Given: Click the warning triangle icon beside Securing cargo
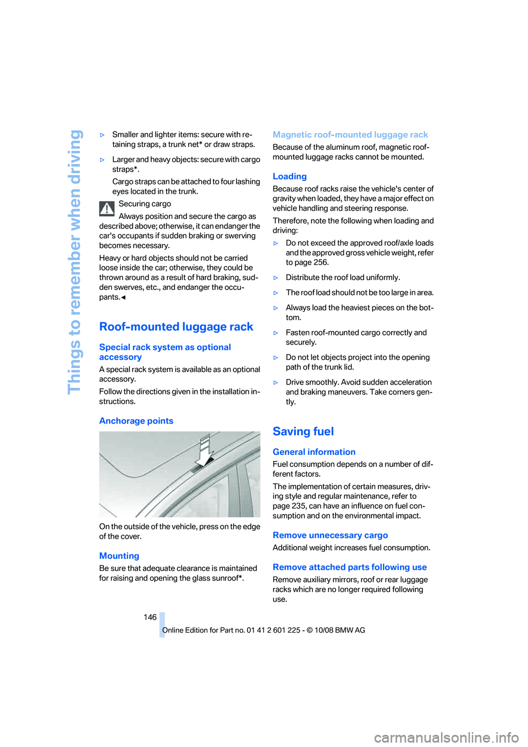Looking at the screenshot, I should (x=107, y=209).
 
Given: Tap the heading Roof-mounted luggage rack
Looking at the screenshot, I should (x=176, y=327).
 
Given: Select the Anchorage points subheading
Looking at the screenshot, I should (x=136, y=421).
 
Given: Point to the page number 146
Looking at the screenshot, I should (x=150, y=617).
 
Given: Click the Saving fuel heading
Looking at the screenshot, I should (x=303, y=432).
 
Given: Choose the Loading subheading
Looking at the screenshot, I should (x=289, y=177).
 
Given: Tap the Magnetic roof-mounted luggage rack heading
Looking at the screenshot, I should (x=350, y=135).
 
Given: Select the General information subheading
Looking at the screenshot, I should (x=313, y=452).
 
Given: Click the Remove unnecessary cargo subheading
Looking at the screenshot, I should (x=330, y=535).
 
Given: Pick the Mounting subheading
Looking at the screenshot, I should (x=119, y=556).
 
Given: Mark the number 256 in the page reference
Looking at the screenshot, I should (x=321, y=262).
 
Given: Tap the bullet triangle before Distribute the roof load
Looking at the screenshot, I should (x=276, y=278).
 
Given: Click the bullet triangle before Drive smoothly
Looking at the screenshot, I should (x=276, y=383).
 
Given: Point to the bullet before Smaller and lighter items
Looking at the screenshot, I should (x=102, y=135).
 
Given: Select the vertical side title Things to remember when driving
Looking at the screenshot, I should (x=74, y=262).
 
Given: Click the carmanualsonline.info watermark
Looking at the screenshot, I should (x=446, y=737).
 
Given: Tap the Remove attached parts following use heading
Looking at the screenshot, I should (x=349, y=567).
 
